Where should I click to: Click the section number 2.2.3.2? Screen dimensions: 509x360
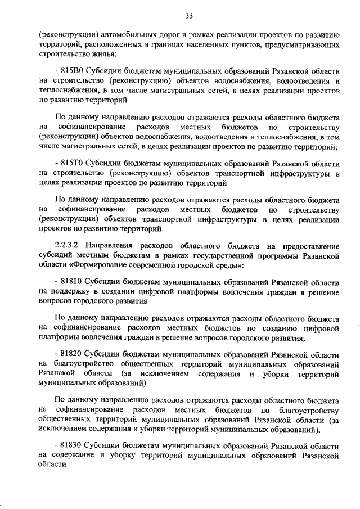(x=69, y=246)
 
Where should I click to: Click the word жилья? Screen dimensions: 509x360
(x=103, y=54)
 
